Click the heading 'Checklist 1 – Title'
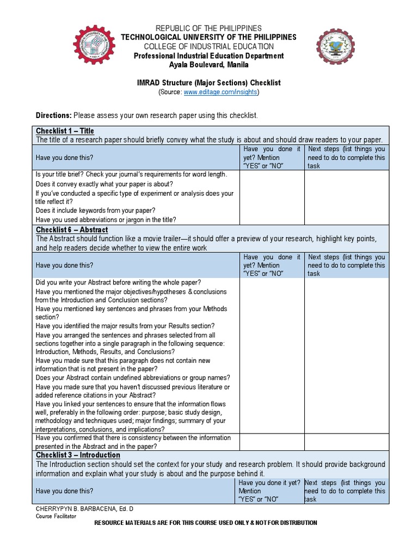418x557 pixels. pos(65,131)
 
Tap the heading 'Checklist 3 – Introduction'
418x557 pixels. pos(78,455)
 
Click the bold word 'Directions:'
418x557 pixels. pos(53,115)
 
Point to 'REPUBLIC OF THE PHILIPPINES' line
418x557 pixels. pos(209,28)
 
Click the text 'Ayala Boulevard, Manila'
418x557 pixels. pos(209,65)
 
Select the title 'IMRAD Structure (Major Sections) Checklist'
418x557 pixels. pos(209,83)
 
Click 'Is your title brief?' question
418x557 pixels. pos(131,175)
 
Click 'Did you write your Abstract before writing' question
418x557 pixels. pos(118,282)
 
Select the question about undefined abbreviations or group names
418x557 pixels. pos(132,377)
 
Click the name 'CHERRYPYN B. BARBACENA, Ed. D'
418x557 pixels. pos(84,509)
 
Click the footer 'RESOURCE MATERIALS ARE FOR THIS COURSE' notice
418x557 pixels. pos(205,523)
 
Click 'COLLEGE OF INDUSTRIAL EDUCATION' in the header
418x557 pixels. pos(209,46)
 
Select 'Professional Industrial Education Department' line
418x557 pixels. pos(209,55)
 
